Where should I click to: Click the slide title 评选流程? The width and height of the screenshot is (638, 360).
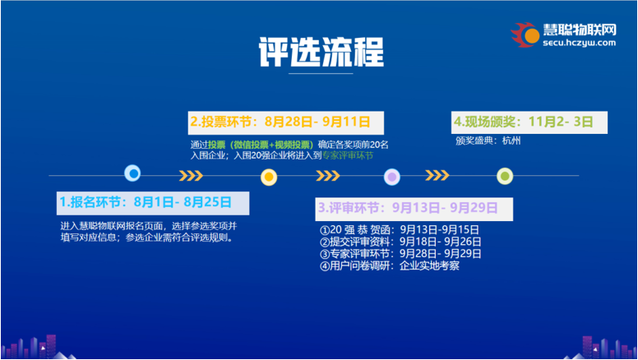click(x=321, y=52)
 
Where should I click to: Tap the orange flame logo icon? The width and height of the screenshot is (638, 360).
click(x=525, y=35)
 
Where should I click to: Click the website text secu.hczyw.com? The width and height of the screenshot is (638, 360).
click(x=579, y=43)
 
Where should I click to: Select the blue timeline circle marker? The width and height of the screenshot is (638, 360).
click(x=132, y=173)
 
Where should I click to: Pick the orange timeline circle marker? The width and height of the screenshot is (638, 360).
click(x=269, y=177)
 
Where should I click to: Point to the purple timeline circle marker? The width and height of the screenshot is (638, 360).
click(x=392, y=177)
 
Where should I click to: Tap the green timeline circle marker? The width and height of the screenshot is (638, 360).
click(x=505, y=176)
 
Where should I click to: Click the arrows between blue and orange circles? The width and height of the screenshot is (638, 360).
click(x=191, y=176)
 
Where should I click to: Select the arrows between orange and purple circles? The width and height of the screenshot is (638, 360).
click(x=328, y=176)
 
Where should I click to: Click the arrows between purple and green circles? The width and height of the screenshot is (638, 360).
click(x=437, y=175)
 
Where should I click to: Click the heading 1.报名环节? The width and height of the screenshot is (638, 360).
click(x=90, y=202)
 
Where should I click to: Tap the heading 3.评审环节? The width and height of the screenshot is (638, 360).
click(x=349, y=208)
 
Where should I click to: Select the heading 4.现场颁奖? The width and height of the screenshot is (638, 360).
click(x=484, y=122)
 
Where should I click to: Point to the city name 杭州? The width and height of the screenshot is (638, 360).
click(x=511, y=141)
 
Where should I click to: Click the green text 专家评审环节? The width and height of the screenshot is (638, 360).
click(x=348, y=155)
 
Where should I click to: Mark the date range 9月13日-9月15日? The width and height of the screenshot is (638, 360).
click(x=439, y=230)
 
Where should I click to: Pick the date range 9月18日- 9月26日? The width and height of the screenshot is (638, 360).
click(x=440, y=242)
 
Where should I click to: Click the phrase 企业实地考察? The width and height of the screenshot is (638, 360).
click(x=430, y=265)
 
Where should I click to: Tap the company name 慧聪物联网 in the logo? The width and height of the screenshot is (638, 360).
click(x=580, y=30)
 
